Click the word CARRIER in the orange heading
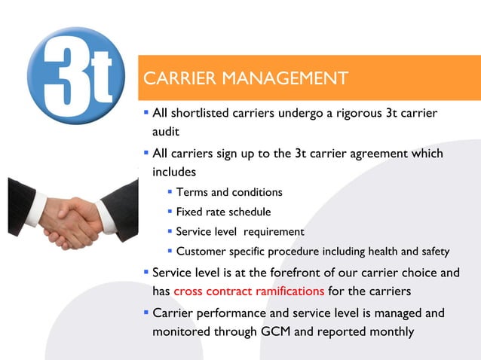coord(179,78)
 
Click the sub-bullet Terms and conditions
coord(229,193)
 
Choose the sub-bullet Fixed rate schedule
coord(223,212)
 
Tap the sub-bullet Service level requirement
coord(240,232)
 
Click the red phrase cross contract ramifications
coord(249,291)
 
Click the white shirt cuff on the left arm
coord(35,211)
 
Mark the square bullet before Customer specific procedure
coord(170,251)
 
